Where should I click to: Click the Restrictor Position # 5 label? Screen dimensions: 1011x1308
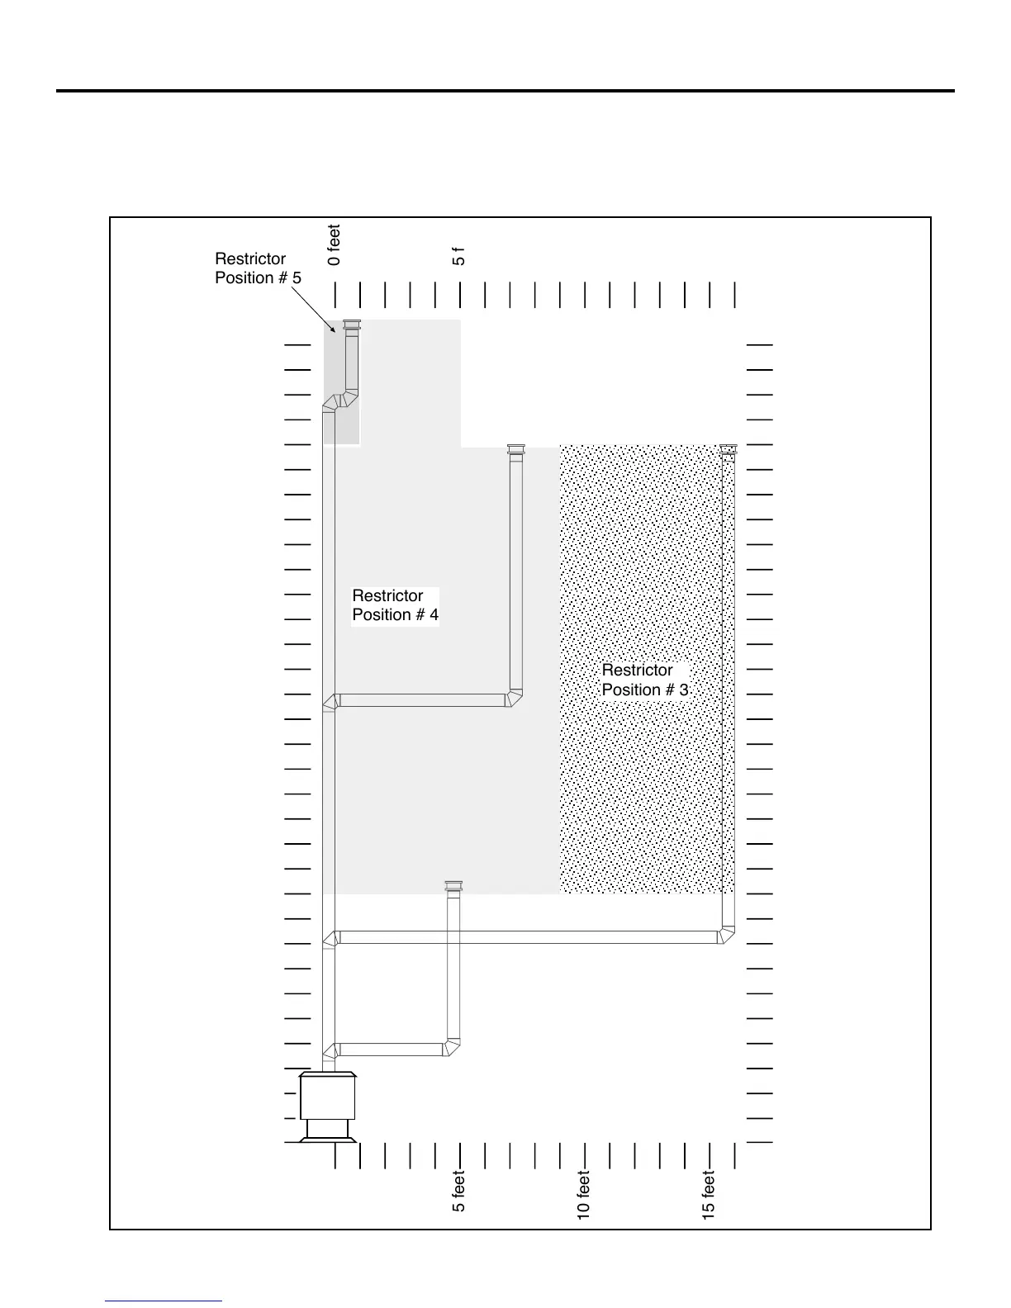(258, 268)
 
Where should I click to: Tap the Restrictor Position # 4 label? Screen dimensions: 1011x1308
(395, 605)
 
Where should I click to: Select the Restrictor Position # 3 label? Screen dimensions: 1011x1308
(644, 680)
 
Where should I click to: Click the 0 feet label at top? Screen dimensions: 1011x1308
(335, 245)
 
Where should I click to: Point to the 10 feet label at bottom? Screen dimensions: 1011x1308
(584, 1195)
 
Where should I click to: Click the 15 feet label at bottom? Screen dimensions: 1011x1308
(709, 1195)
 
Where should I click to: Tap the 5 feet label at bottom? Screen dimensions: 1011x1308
(459, 1192)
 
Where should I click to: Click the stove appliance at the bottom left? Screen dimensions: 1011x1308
(328, 1105)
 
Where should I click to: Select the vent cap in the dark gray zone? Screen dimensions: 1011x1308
(352, 326)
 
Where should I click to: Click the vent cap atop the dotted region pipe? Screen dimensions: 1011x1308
(728, 449)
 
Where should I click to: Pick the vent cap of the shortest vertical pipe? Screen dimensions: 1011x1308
(453, 887)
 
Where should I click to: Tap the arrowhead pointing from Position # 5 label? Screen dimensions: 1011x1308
(333, 329)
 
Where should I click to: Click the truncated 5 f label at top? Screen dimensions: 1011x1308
(459, 256)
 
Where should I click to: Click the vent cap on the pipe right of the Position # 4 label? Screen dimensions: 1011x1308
(515, 450)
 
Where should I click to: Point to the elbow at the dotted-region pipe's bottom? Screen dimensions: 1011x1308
(726, 936)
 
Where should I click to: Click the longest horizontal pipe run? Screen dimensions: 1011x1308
(529, 937)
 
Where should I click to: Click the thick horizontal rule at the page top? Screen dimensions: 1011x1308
(505, 91)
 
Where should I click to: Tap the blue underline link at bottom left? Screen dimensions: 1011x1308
(164, 1301)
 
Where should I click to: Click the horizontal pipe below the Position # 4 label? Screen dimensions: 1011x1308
(422, 700)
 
